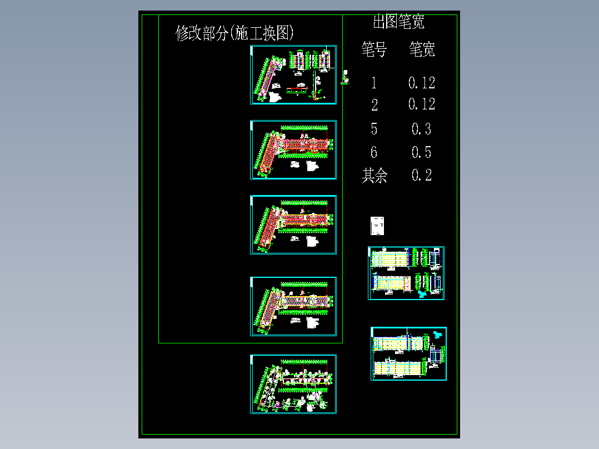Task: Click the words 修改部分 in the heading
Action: tap(202, 33)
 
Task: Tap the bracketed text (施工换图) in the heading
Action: tap(261, 33)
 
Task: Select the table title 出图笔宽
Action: tap(398, 22)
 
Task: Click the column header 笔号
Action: tap(374, 50)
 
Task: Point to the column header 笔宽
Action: tap(422, 50)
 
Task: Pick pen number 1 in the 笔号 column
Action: tap(374, 83)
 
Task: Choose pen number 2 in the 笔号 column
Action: tap(375, 105)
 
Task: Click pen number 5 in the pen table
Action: tap(374, 129)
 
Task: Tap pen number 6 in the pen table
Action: tap(374, 152)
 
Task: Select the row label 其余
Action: tap(375, 176)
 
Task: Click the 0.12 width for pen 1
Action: tap(421, 83)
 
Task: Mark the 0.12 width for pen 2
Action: tap(421, 104)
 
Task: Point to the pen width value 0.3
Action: tap(421, 129)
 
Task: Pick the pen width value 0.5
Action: tap(421, 152)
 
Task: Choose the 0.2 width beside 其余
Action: tap(421, 176)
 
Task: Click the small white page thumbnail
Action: tap(377, 226)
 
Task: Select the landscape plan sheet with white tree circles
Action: tap(293, 384)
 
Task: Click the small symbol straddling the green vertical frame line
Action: tap(346, 77)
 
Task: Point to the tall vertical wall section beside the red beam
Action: tap(315, 86)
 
